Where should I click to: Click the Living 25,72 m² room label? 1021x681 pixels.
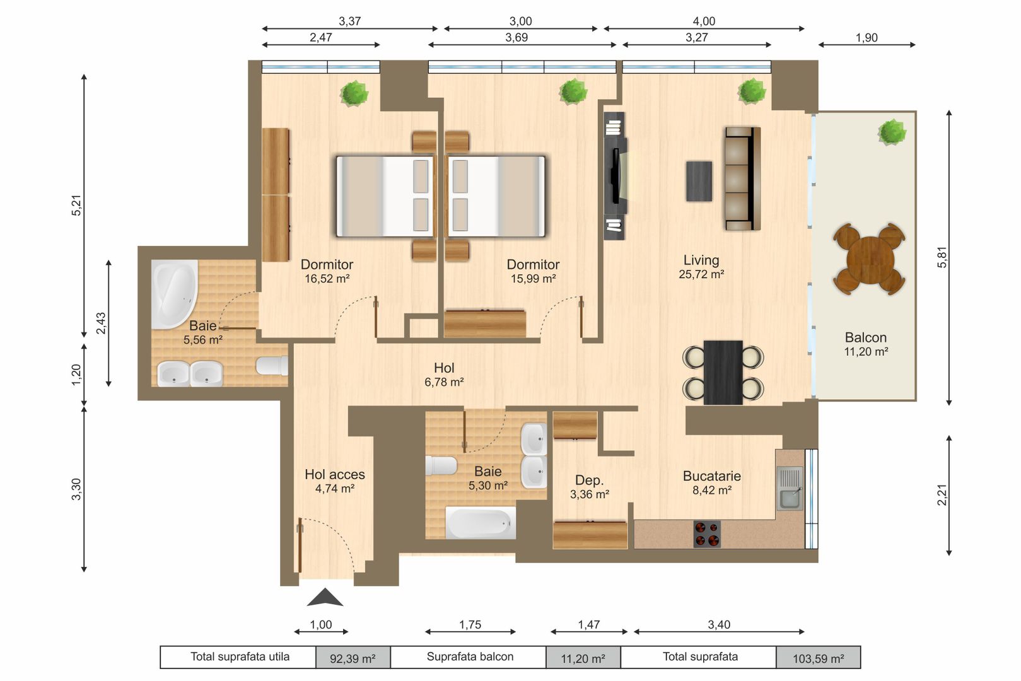point(701,267)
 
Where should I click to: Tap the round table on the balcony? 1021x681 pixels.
point(869,259)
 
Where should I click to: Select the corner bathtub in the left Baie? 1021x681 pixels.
point(173,293)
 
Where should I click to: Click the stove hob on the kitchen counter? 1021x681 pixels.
point(707,533)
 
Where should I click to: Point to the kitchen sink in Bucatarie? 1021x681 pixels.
point(790,489)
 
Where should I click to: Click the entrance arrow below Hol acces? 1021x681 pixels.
point(325,597)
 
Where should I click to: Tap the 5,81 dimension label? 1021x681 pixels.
point(942,257)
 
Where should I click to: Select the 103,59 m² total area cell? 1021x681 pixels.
point(818,658)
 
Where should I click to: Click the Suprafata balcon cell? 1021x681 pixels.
point(469,657)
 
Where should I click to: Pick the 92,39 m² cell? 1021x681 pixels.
point(353,658)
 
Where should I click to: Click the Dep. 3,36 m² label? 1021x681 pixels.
point(590,487)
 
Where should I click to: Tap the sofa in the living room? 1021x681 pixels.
point(742,178)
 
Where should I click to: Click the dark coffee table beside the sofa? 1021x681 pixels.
point(699,181)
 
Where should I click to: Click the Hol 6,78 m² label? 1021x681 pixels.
point(444,375)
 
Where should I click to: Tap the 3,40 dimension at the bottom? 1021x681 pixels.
point(718,624)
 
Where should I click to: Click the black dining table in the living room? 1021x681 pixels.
point(723,372)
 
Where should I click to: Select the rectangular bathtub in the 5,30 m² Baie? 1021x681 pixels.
point(481,523)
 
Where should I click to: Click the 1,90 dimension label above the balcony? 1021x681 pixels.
point(866,37)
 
